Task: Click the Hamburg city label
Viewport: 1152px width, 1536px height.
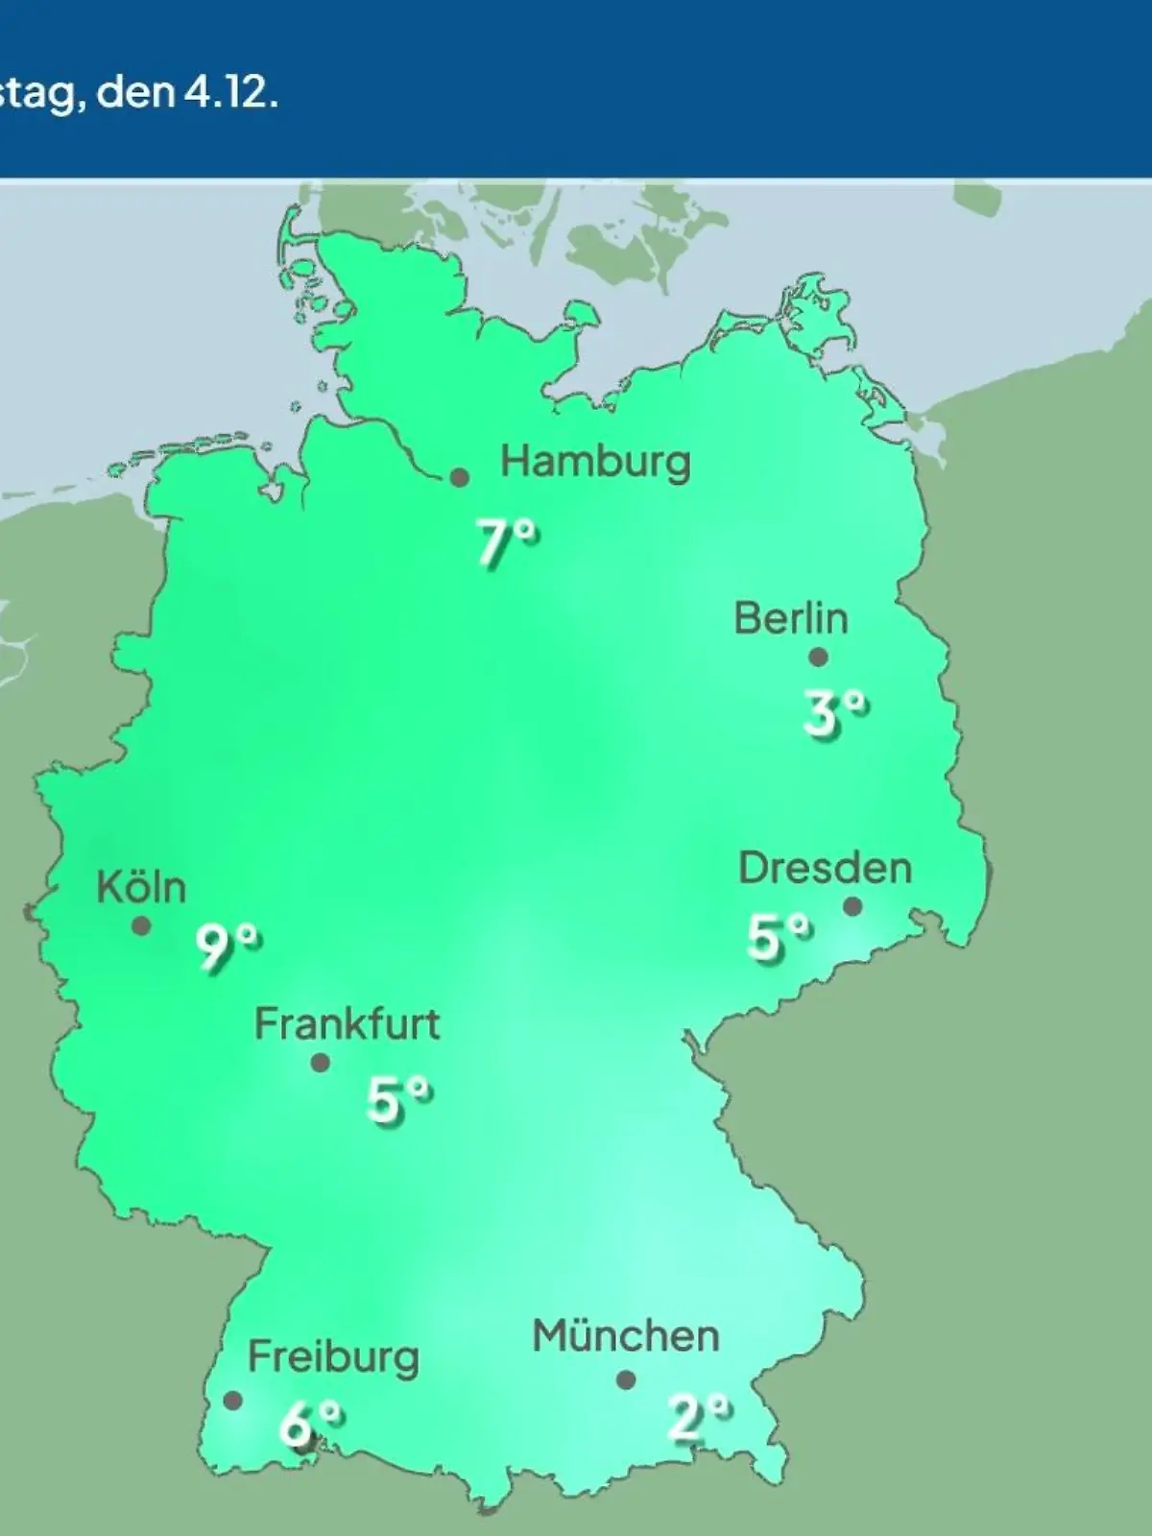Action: pyautogui.click(x=595, y=463)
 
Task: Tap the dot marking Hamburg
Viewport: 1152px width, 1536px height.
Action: pyautogui.click(x=460, y=477)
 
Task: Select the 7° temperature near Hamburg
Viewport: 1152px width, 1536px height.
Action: pyautogui.click(x=508, y=543)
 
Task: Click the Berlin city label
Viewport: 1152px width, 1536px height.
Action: pyautogui.click(x=791, y=618)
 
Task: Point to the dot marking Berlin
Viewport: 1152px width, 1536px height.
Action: pyautogui.click(x=818, y=658)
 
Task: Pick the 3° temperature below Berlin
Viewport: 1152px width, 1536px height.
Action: pyautogui.click(x=834, y=713)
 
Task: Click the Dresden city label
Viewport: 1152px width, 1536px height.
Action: pyautogui.click(x=825, y=868)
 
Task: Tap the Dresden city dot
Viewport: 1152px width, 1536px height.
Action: pyautogui.click(x=852, y=906)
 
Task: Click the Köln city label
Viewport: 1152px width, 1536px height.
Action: pyautogui.click(x=141, y=887)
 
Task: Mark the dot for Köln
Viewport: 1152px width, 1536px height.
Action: pyautogui.click(x=141, y=926)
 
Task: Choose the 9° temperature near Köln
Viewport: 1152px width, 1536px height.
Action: pyautogui.click(x=228, y=948)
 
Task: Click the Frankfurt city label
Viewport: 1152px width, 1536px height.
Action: pyautogui.click(x=347, y=1024)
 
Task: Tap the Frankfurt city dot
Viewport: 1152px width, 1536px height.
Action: pyautogui.click(x=321, y=1063)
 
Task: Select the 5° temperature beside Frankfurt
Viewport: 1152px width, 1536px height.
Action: pyautogui.click(x=398, y=1100)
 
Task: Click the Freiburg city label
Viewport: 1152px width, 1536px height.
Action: pyautogui.click(x=333, y=1357)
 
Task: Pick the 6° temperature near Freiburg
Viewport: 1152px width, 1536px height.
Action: pyautogui.click(x=310, y=1423)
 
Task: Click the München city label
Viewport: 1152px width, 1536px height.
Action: pyautogui.click(x=625, y=1336)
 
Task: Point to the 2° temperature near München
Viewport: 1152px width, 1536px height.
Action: pyautogui.click(x=699, y=1417)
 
